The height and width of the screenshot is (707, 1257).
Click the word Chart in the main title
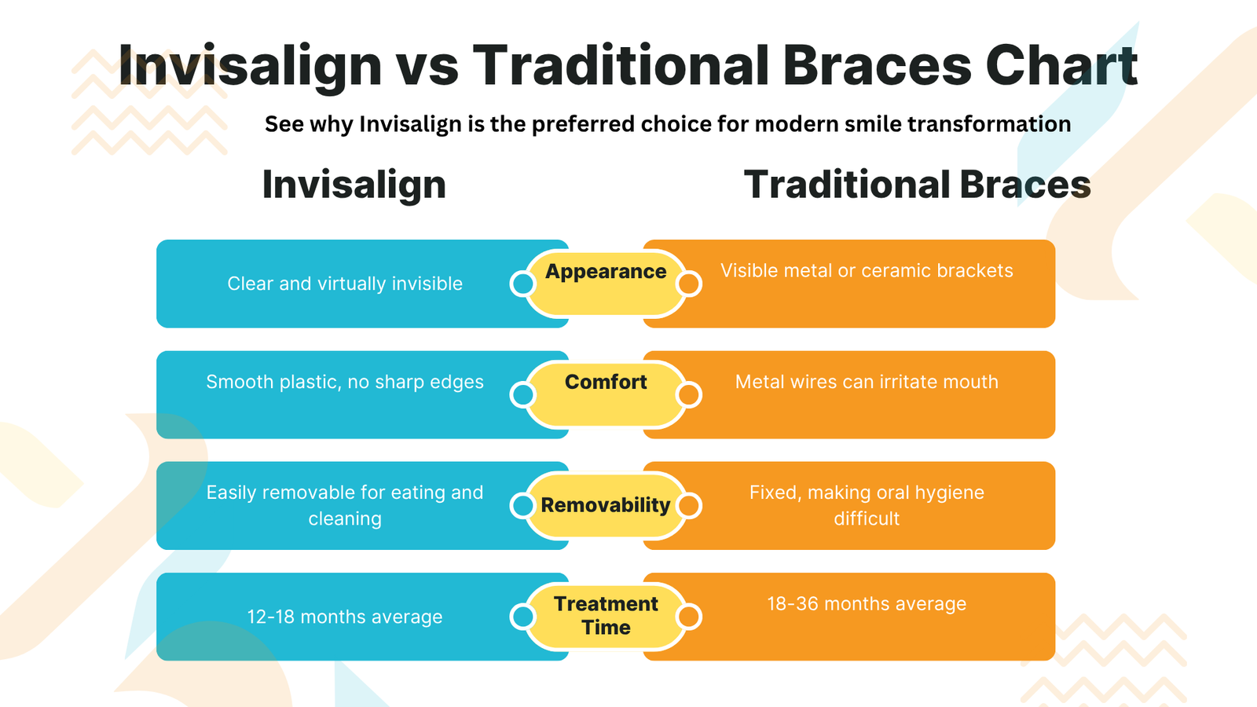point(1061,65)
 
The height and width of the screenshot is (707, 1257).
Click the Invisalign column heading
point(354,185)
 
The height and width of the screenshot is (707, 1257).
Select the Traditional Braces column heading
point(917,185)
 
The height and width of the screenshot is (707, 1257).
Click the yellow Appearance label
point(606,272)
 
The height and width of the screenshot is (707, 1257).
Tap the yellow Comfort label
point(606,383)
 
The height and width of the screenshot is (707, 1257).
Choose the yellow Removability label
point(606,505)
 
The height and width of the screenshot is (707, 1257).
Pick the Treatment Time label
point(606,615)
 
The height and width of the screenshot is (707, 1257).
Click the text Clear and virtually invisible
point(345,284)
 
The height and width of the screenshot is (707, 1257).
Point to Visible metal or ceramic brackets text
point(867,271)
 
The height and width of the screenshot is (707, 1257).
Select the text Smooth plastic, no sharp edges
point(345,382)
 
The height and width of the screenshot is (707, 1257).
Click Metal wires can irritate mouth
point(867,382)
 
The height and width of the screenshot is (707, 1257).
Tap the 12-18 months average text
point(345,617)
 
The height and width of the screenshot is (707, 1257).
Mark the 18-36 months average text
point(867,604)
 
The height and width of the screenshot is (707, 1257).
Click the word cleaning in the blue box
point(345,518)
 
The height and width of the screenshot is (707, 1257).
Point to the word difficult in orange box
point(867,518)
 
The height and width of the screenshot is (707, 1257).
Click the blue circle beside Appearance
point(522,284)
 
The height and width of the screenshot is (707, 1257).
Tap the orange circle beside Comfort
point(689,394)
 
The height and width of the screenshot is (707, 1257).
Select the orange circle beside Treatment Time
point(689,617)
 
